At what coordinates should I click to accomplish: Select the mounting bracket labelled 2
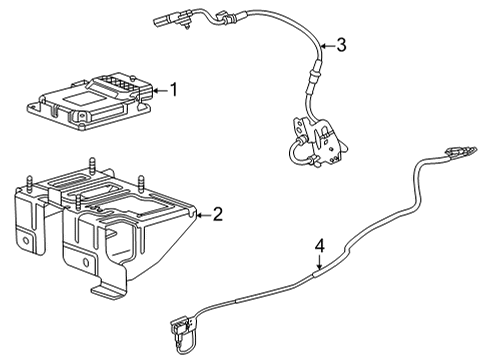110,225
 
